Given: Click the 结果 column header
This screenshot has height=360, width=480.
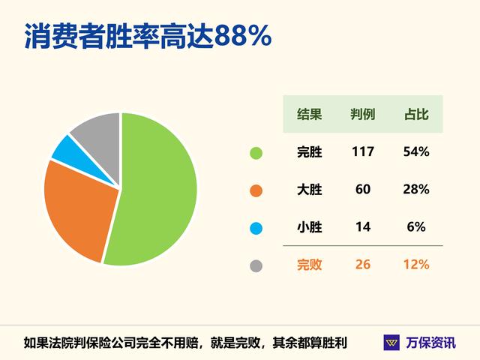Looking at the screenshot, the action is (309, 114).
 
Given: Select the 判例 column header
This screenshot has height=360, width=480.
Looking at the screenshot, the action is (363, 114).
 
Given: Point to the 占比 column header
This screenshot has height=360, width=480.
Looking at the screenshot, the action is (416, 114).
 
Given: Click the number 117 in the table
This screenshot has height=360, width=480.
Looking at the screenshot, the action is (363, 151).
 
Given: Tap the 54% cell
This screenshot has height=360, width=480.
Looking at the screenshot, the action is (416, 151).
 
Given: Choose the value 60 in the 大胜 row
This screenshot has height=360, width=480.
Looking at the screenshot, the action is (363, 189).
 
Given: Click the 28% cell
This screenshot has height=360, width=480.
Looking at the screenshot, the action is (416, 189).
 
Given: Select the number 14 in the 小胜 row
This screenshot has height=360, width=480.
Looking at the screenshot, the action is (363, 226).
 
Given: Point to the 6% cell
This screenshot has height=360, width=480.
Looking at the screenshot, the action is (416, 226).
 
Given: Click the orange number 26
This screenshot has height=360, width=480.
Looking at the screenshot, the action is (363, 265).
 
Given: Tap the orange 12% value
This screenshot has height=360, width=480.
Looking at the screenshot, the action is (416, 265).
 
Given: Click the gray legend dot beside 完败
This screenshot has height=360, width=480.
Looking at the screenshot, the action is (256, 265).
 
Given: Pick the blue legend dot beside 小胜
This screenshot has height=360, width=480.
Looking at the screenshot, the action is (256, 228).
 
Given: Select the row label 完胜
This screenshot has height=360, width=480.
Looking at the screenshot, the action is (309, 151).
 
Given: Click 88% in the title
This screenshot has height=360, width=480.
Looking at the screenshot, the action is (243, 36).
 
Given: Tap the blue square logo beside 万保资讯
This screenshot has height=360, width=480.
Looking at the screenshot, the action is (391, 343).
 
